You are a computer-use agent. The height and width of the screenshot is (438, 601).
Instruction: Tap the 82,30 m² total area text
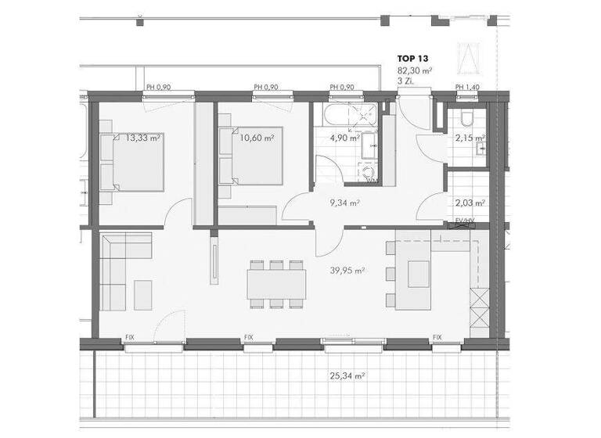click(x=415, y=70)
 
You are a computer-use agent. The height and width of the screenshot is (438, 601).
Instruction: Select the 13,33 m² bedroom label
click(x=143, y=138)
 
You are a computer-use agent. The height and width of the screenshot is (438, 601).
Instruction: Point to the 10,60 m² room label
click(x=257, y=138)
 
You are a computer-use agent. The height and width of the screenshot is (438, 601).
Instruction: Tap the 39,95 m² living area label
click(x=350, y=271)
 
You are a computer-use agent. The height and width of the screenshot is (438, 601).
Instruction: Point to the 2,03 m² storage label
click(x=470, y=203)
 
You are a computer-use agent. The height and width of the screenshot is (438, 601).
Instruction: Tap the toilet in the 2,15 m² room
click(x=466, y=117)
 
